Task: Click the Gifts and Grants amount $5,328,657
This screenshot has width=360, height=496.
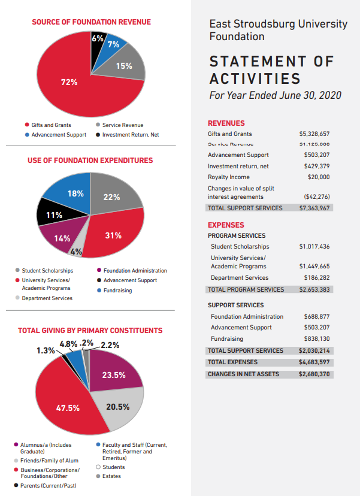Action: (x=314, y=134)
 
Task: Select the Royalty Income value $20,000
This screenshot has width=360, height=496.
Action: (x=317, y=177)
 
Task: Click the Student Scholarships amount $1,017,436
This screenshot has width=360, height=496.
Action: (x=314, y=247)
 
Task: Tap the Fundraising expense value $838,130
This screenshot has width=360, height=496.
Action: (x=315, y=338)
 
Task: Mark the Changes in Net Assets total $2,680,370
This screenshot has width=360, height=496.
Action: (x=314, y=374)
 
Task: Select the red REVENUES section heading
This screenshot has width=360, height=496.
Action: (x=226, y=123)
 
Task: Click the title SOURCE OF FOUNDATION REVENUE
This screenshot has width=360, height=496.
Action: (x=91, y=22)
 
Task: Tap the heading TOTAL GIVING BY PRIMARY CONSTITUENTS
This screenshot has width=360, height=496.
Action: (x=90, y=330)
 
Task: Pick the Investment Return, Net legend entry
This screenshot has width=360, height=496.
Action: (x=130, y=135)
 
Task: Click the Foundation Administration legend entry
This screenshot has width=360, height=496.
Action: (x=135, y=271)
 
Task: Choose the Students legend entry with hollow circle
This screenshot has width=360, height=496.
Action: (x=113, y=467)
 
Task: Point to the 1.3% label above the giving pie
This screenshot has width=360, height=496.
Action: (x=46, y=350)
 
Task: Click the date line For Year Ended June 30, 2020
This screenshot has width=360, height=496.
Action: (x=275, y=95)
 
